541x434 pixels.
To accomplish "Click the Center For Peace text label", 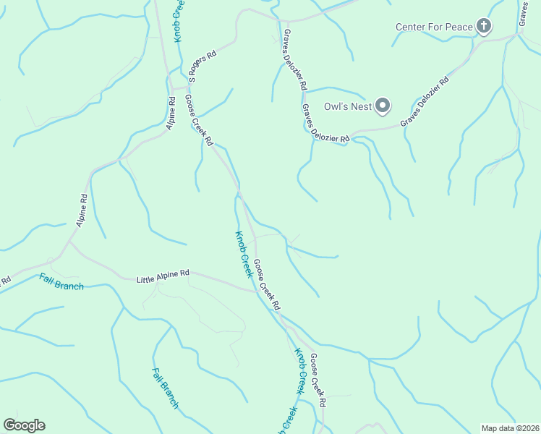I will (434, 27).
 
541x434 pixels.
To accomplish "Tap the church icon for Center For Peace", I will (484, 27).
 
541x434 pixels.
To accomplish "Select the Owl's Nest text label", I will (348, 107).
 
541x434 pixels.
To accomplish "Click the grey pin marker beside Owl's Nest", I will (383, 106).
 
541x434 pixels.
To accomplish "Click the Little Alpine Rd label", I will (163, 273).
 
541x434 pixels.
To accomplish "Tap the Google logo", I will (24, 425).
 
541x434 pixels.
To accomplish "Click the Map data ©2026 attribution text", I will (510, 428).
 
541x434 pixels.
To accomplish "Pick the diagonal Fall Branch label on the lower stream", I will (165, 388).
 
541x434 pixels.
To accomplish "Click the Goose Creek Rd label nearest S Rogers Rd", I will (198, 121).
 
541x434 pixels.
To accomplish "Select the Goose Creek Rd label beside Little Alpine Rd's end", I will (266, 285).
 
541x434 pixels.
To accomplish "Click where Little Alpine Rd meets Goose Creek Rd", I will (257, 291).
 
